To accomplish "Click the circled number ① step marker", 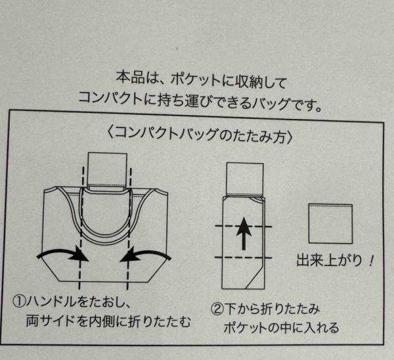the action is pos(19,301).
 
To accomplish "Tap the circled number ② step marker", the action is pos(217,309).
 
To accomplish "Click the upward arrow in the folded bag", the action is pos(244,234).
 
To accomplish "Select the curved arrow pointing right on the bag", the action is pos(63,255).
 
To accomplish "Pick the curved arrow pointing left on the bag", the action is pos(146,254).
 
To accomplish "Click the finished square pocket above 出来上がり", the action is pos(330,224).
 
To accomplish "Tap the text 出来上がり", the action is pos(329,260).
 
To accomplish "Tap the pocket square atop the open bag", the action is pos(107,169).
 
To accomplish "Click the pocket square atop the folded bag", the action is pos(245,179).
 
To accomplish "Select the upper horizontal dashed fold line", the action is pos(243,227).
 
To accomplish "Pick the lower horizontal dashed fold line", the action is pos(243,258).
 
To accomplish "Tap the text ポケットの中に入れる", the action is pos(281,328).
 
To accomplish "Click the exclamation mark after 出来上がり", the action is pos(370,261).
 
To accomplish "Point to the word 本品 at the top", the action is pos(130,78).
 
